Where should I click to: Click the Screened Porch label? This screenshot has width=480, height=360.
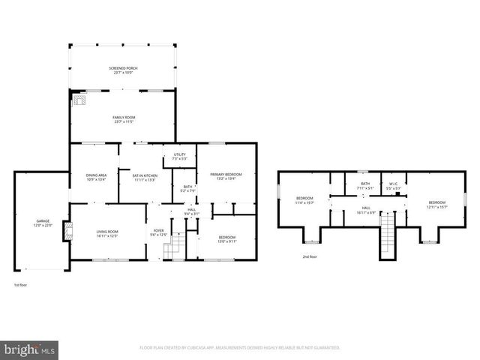click(x=124, y=70)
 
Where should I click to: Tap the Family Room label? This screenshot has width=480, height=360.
click(x=124, y=119)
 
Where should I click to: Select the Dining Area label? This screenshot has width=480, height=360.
click(x=96, y=177)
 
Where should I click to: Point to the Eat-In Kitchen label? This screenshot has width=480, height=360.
click(x=143, y=177)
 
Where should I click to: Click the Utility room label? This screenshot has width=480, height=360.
click(x=179, y=156)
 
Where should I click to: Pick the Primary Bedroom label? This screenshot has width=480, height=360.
click(x=226, y=175)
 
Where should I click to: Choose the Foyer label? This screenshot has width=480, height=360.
click(x=158, y=232)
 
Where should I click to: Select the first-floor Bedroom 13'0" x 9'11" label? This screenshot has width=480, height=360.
click(x=226, y=239)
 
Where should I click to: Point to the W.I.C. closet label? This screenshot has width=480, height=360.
click(x=393, y=185)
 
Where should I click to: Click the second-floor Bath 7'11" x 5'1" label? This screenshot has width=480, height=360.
click(x=365, y=185)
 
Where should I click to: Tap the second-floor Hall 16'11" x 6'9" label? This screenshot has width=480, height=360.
click(x=366, y=209)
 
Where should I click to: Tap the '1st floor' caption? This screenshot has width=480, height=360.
click(x=22, y=285)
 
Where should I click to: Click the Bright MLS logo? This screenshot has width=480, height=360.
click(x=30, y=349)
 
